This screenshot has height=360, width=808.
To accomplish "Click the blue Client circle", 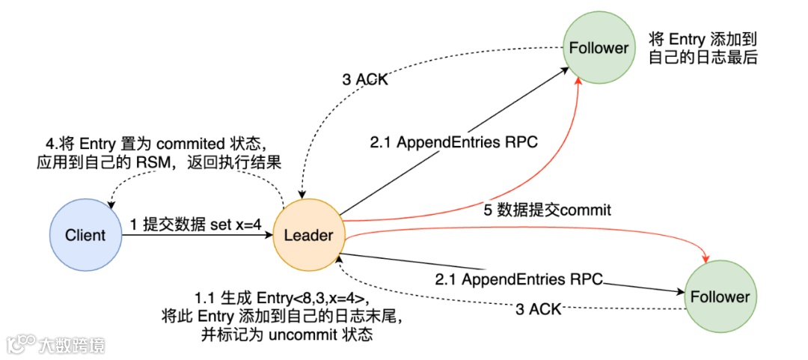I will point(85,234).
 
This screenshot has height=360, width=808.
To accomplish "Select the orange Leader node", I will point(308,234).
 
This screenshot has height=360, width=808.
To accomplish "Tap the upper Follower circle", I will point(599,48).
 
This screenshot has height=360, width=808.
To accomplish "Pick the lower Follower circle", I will point(720,296).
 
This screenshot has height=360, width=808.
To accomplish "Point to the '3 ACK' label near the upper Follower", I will point(365,79).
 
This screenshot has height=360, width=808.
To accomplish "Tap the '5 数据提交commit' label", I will point(547,210).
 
